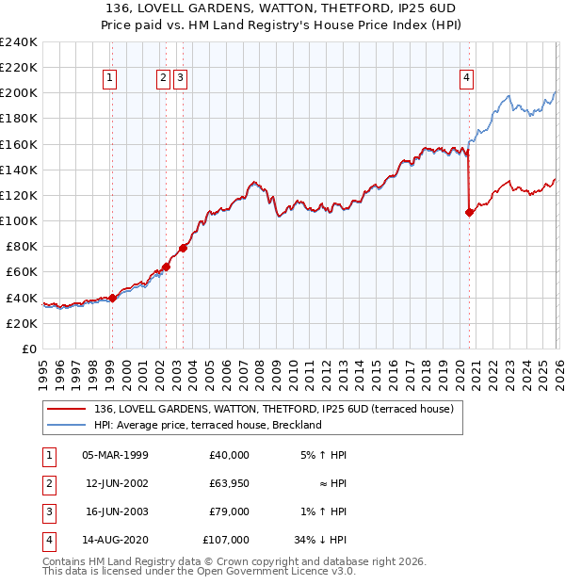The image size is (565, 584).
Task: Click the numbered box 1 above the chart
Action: [x=111, y=78]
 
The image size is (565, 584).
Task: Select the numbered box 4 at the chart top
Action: [x=467, y=78]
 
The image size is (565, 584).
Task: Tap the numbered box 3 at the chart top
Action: [x=181, y=78]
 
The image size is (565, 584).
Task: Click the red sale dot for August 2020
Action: [x=469, y=212]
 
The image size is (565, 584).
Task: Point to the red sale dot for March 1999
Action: [x=112, y=298]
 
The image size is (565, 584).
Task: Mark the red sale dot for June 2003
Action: [x=183, y=248]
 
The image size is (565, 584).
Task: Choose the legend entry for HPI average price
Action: [x=208, y=425]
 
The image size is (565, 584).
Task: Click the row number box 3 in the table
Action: [x=46, y=511]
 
